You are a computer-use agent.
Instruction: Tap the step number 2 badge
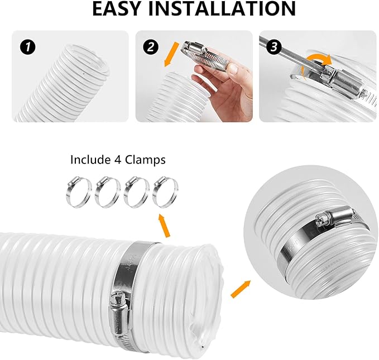pyautogui.click(x=149, y=47)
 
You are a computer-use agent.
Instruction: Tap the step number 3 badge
pyautogui.click(x=273, y=47)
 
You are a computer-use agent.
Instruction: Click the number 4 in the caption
pyautogui.click(x=114, y=160)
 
